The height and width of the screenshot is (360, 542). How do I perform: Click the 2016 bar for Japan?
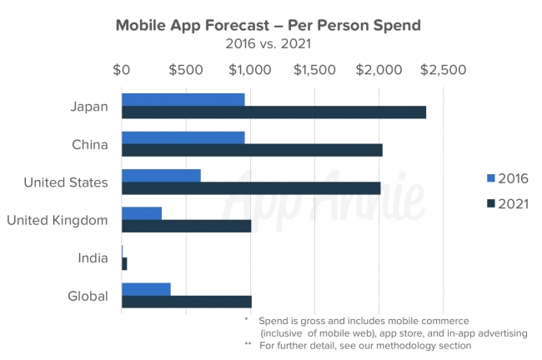183,100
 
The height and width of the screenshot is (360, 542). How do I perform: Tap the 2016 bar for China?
183,137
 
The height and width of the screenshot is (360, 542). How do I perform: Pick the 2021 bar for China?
252,150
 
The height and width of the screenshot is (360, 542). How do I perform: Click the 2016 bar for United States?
161,175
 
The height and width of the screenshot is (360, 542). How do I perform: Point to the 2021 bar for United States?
251,187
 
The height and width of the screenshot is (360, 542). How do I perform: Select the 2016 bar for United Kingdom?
142,213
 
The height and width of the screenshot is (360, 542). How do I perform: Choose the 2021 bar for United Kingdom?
186,226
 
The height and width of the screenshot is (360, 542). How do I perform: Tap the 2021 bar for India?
124,263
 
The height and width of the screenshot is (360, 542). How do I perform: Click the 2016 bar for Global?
146,289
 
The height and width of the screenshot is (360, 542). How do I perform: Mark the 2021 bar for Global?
186,302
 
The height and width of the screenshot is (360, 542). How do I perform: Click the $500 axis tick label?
185,70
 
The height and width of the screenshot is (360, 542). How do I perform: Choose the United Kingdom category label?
58,220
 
